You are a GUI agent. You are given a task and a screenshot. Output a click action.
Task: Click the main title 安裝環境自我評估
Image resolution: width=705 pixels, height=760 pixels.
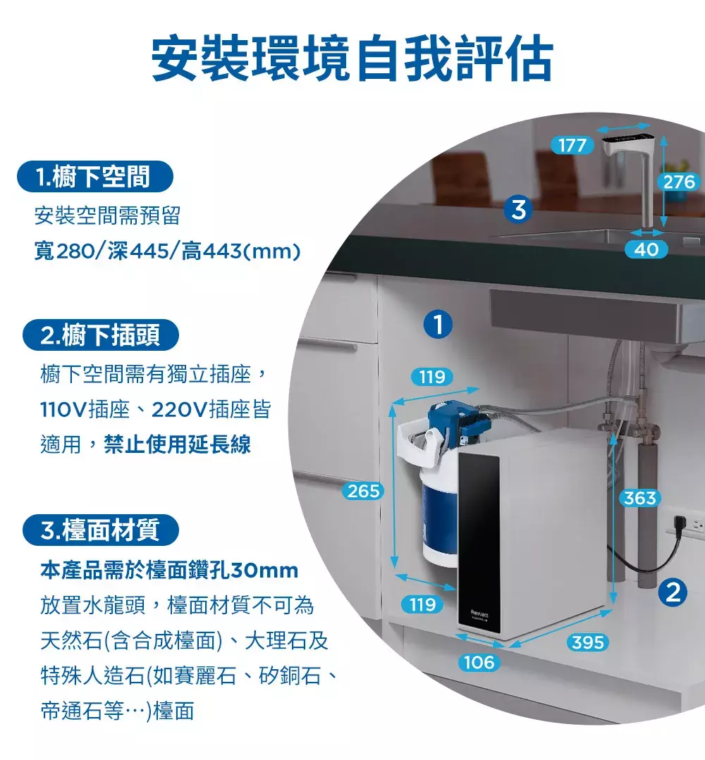[352, 58]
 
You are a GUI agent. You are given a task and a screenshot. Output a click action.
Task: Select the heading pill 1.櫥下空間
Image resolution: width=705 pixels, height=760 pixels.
[95, 176]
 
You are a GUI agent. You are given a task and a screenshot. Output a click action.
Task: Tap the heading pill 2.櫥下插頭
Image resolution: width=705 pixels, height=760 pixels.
[101, 335]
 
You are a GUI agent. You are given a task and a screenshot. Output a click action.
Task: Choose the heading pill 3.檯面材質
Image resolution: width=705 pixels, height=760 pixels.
[101, 530]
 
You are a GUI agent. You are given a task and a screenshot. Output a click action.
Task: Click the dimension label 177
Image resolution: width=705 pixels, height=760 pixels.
[572, 145]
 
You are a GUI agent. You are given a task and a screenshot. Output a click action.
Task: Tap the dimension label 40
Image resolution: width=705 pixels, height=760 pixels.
[646, 249]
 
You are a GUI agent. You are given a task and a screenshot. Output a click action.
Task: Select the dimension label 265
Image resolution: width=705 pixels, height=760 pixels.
[363, 491]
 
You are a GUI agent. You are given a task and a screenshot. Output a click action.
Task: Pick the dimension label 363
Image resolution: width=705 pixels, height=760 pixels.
[639, 498]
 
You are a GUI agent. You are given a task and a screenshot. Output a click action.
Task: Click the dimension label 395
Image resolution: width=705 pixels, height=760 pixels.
[587, 642]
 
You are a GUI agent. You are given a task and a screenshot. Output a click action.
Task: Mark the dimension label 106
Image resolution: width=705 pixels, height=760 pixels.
[479, 662]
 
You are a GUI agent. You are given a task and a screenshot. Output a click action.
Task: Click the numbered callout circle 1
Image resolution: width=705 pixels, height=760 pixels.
[438, 324]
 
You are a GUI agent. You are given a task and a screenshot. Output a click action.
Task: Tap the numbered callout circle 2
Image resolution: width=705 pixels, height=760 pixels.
[673, 592]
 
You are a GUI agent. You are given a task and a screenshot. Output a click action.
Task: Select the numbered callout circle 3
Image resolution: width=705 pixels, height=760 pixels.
[519, 210]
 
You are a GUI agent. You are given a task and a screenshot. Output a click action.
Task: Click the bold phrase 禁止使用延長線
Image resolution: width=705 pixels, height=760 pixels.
[177, 444]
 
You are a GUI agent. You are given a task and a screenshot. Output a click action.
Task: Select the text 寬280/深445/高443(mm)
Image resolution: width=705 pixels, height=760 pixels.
[167, 251]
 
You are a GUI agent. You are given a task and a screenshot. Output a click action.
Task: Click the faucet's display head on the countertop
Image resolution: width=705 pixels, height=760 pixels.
[627, 144]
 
